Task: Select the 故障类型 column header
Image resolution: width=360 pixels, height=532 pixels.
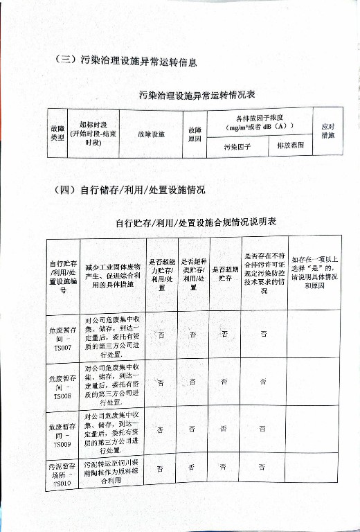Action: [x=57, y=132]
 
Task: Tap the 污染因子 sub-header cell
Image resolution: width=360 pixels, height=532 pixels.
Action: [x=237, y=147]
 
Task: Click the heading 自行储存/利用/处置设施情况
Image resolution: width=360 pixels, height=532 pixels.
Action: [x=129, y=189]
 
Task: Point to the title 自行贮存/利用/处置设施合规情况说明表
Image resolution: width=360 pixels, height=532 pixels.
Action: [x=196, y=222]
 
